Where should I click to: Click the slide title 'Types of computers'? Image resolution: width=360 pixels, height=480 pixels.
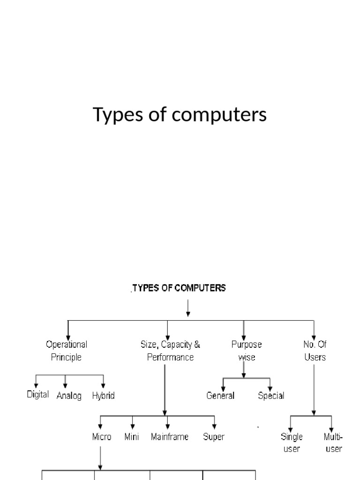pos(180,115)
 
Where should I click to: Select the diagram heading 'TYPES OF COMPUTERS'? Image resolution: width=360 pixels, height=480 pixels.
pos(179,288)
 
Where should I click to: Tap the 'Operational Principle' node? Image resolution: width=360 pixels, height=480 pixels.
pos(66,351)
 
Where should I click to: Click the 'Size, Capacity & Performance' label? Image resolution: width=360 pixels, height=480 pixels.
pos(170,351)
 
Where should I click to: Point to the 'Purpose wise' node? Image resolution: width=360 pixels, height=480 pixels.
pos(246,351)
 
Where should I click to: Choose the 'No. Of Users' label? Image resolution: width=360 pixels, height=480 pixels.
pos(315,351)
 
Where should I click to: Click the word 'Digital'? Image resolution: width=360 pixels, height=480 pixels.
pos(37,395)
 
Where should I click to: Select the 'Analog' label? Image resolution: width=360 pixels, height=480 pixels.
pos(69,396)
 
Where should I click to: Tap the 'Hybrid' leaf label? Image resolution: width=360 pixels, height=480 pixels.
pos(103,396)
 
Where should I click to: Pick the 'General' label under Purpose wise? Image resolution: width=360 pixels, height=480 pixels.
pos(220,396)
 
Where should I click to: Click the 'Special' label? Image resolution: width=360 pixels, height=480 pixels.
pos(271,396)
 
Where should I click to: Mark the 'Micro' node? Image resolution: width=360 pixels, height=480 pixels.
pos(102,437)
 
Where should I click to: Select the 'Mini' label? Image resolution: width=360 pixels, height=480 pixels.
pos(132,437)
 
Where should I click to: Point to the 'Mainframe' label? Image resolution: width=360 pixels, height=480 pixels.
pos(170,437)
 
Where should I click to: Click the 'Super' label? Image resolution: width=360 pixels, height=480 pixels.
pos(214,437)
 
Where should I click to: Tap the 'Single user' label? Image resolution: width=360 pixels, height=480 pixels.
pos(292,442)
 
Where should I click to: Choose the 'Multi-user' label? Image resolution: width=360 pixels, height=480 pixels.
pos(333,442)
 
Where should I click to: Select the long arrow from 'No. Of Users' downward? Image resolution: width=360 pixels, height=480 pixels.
pos(314,389)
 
